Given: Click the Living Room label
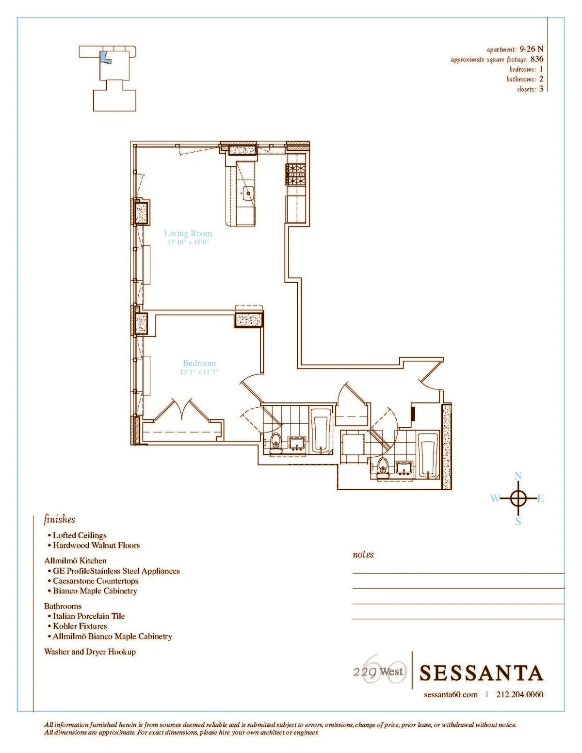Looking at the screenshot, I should click(x=188, y=233).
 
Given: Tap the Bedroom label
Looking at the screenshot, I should click(x=199, y=363).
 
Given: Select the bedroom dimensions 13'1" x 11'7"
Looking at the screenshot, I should click(x=200, y=372).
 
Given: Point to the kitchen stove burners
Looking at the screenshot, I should click(x=296, y=175).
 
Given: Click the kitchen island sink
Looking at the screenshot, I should click(x=248, y=193).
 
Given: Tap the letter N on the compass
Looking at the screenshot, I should click(x=518, y=476).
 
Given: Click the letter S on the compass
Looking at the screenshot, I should click(x=518, y=522).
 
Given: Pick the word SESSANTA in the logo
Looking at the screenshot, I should click(x=481, y=673).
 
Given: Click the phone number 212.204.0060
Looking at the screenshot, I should click(x=520, y=694).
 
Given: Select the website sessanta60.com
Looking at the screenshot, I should click(x=451, y=694).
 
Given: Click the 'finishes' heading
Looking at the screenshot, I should click(x=60, y=519).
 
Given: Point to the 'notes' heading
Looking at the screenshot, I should click(x=363, y=554).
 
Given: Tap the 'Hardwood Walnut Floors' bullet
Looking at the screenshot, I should click(x=96, y=545).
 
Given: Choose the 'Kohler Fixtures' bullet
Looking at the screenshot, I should click(x=80, y=626).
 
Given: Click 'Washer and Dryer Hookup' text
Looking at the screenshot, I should click(x=90, y=652).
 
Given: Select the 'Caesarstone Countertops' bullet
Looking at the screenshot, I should click(x=96, y=581).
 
